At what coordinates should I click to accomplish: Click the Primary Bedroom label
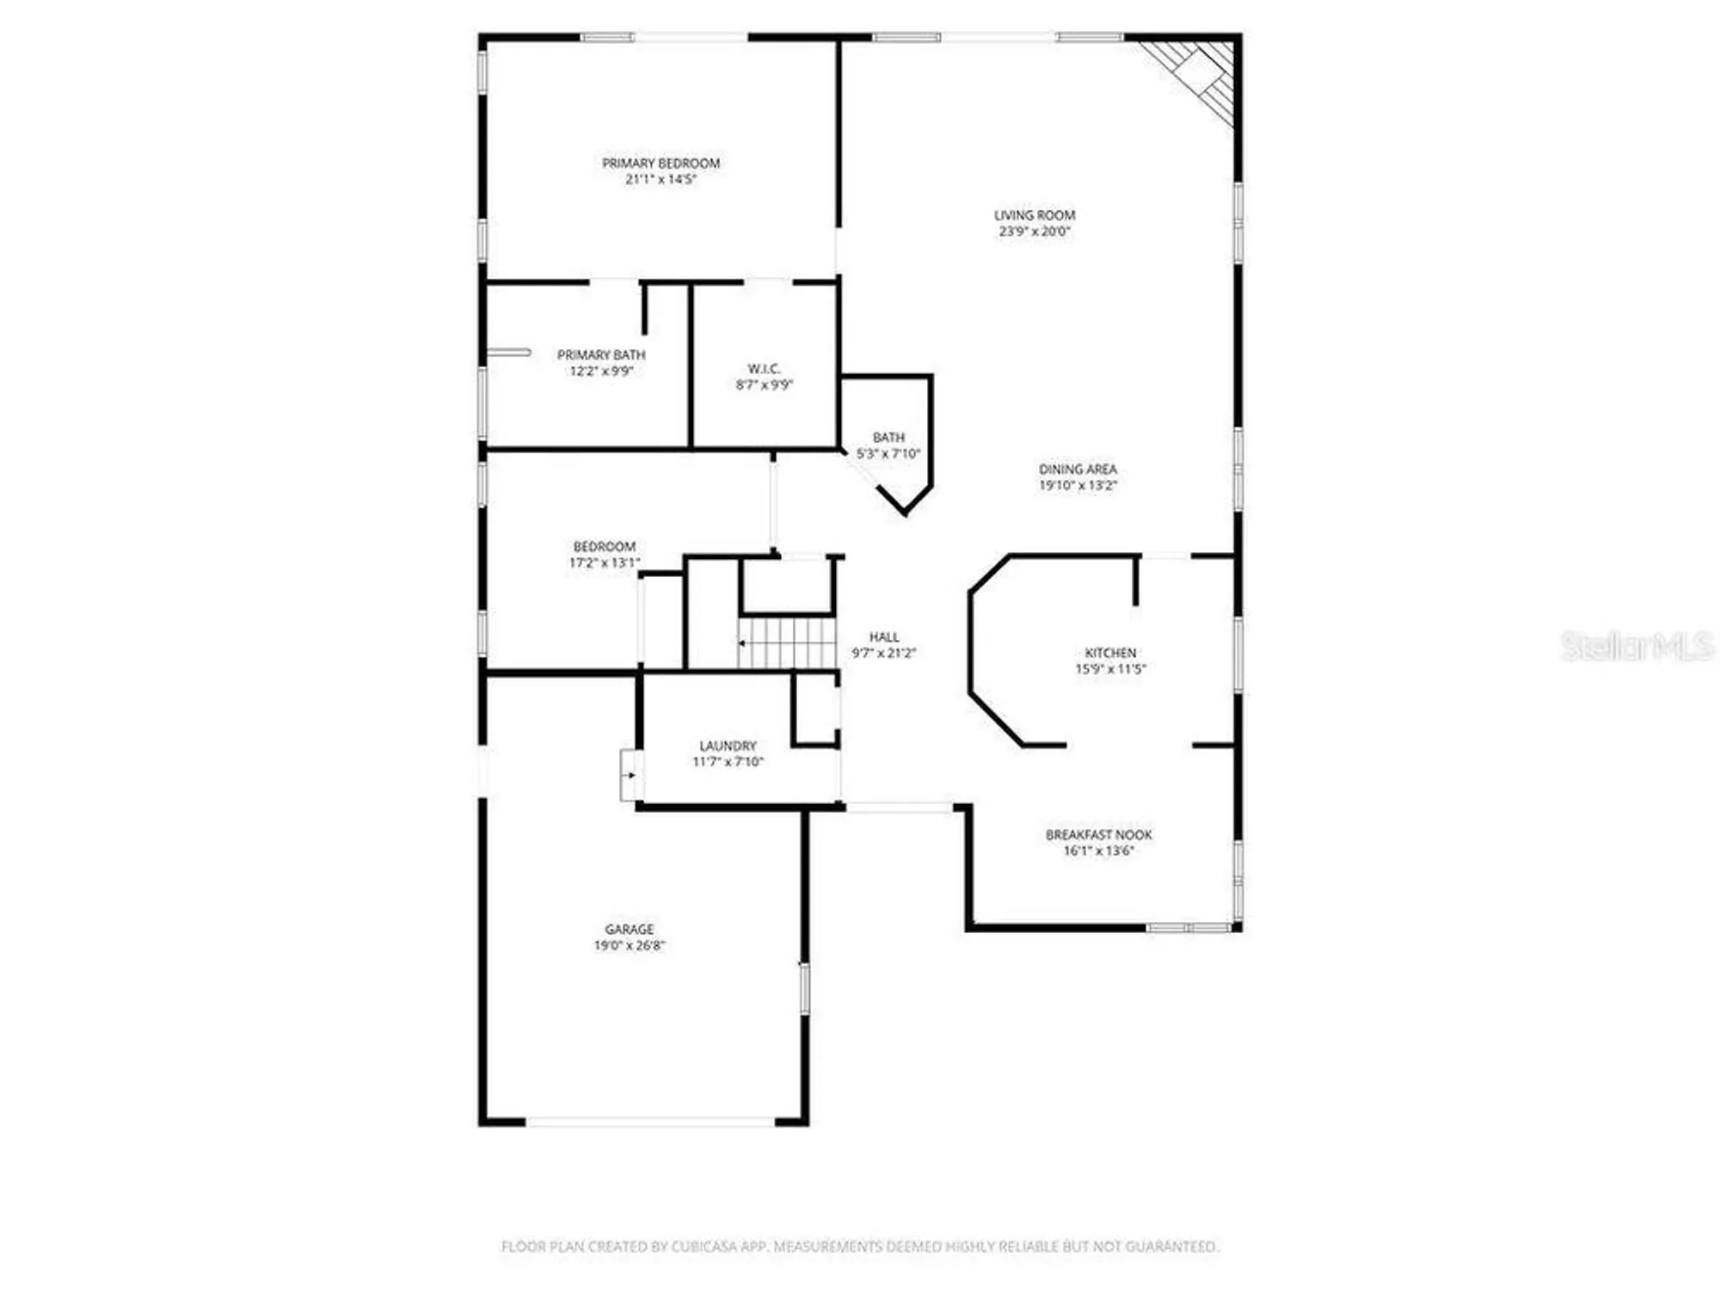(660, 163)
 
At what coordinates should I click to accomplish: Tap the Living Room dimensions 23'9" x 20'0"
(1034, 231)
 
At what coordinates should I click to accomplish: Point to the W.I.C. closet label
(764, 368)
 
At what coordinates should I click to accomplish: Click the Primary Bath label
(600, 354)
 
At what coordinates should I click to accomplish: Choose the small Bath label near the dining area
(888, 437)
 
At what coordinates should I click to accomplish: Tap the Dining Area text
(1078, 469)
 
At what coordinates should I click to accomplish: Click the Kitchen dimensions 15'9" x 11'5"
(1110, 669)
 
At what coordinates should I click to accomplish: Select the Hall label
(883, 636)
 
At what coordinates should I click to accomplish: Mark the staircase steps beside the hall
(787, 642)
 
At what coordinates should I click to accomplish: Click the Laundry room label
(728, 746)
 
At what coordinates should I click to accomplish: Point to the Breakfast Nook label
(1098, 834)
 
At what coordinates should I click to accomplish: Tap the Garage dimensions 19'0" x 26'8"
(629, 945)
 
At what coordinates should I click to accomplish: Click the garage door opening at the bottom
(650, 1121)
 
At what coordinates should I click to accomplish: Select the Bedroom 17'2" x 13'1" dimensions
(604, 562)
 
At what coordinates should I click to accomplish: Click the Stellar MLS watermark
(1636, 646)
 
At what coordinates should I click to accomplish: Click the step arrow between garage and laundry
(630, 775)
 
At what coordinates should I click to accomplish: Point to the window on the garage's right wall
(805, 987)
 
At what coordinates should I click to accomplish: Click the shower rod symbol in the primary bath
(509, 353)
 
